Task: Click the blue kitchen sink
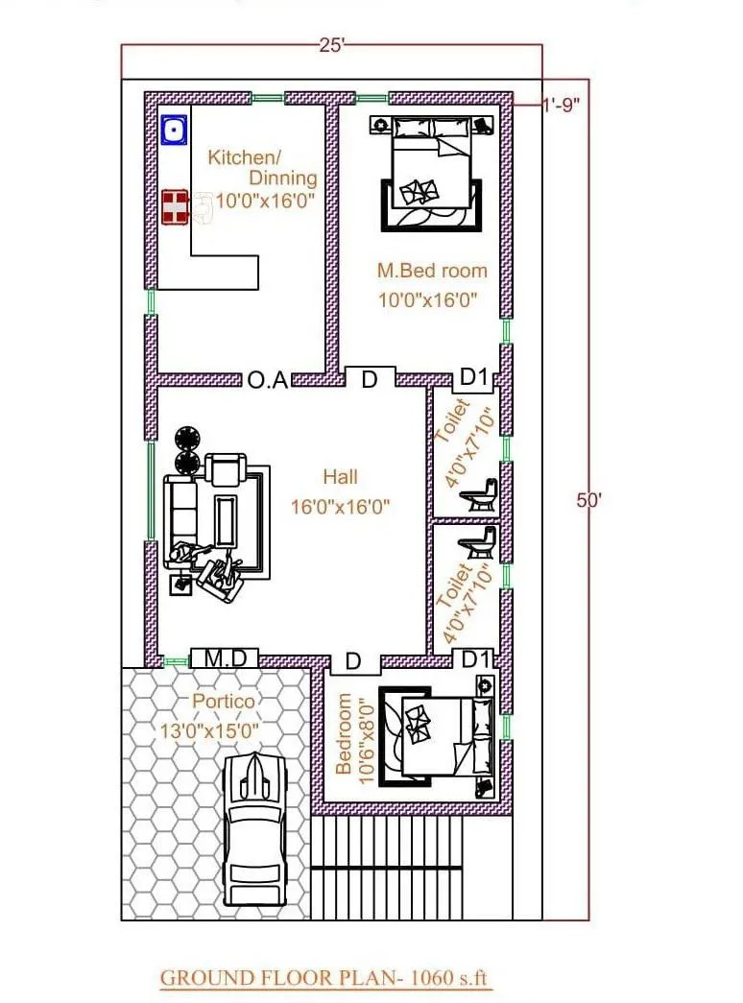pyautogui.click(x=174, y=130)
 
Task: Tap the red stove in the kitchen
pyautogui.click(x=174, y=207)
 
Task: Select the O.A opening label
pyautogui.click(x=267, y=380)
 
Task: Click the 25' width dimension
pyautogui.click(x=330, y=44)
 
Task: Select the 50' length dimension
pyautogui.click(x=587, y=500)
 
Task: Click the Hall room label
pyautogui.click(x=340, y=476)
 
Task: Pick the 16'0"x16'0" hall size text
pyautogui.click(x=340, y=507)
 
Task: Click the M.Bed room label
pyautogui.click(x=431, y=271)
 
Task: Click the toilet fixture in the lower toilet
pyautogui.click(x=477, y=542)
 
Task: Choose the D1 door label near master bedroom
pyautogui.click(x=474, y=378)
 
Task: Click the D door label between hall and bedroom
pyautogui.click(x=353, y=661)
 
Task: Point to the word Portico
pyautogui.click(x=224, y=701)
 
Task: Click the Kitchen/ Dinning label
pyautogui.click(x=263, y=167)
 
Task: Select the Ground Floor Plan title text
pyautogui.click(x=324, y=978)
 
